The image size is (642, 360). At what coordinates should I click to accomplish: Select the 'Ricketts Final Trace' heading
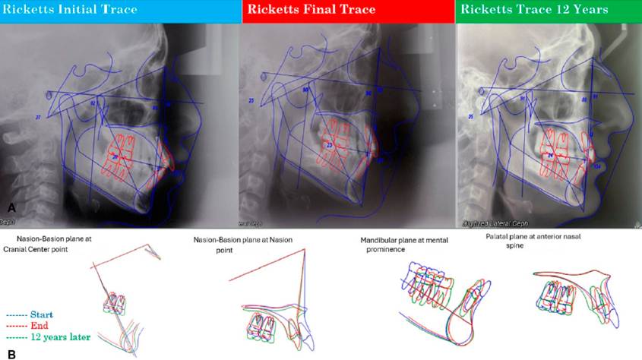[308, 11]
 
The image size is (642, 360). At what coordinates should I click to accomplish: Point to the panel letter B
[11, 352]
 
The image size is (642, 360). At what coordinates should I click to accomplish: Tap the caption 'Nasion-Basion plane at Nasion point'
[242, 245]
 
